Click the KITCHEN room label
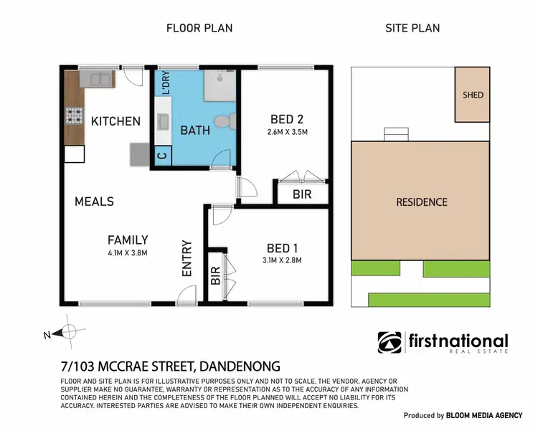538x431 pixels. point(115,121)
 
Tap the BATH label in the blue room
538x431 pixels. point(194,131)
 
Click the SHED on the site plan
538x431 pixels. point(473,95)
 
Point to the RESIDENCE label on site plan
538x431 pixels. point(421,202)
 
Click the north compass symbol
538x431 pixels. point(70,331)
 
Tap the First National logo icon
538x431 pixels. point(390,343)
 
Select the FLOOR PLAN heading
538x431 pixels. point(199,28)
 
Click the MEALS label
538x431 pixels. point(94,202)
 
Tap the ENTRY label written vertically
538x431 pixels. point(187,258)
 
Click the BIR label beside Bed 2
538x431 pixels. point(301,194)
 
